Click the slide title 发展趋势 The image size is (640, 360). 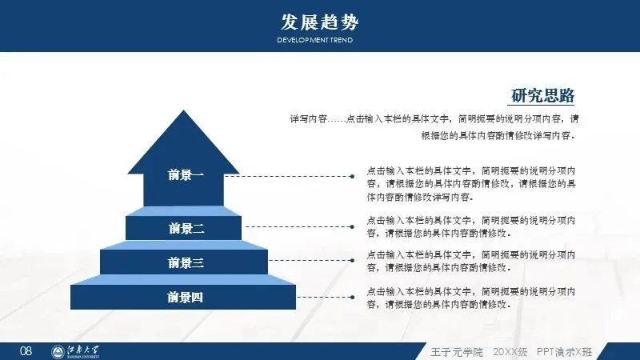pos(314,20)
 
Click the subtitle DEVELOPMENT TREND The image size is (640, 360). pos(314,40)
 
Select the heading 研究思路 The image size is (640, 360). pos(543,96)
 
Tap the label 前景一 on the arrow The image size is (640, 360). pos(186,175)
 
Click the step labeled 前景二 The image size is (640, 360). pos(186,228)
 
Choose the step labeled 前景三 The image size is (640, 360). pos(186,262)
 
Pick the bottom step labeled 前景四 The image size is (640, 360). pos(186,298)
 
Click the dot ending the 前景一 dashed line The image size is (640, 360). pos(352,175)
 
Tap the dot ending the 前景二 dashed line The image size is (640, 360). pos(352,226)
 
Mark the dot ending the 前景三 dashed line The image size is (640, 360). pos(352,260)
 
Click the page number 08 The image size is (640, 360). pos(26,351)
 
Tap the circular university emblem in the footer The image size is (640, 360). pos(59,351)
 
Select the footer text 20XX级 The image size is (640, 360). pos(509,352)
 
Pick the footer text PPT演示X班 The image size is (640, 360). pos(564,352)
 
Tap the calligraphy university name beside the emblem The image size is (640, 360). pos(90,351)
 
